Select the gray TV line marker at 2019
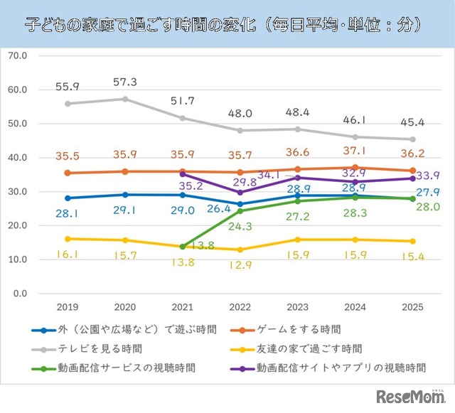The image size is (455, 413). [68, 104]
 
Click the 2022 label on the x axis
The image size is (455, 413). [239, 307]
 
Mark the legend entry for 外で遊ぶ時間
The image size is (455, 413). [134, 329]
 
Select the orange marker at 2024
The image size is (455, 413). [355, 168]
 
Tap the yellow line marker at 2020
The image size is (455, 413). [125, 240]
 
